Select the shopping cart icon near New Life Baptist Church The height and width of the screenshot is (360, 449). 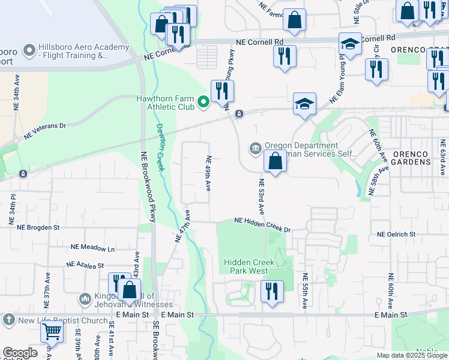52,331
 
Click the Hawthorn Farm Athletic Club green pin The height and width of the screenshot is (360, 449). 203,103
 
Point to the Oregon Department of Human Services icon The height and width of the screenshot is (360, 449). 256,148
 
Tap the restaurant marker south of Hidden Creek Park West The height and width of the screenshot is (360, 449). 272,292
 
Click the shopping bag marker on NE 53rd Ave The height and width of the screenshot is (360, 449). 275,161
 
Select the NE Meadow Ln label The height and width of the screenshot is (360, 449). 92,247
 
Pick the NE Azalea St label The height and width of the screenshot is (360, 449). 85,264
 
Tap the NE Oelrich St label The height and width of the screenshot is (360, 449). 397,235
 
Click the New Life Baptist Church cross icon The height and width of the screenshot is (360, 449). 8,320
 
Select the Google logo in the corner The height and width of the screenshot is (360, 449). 20,352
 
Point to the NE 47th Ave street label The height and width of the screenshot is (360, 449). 182,226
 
